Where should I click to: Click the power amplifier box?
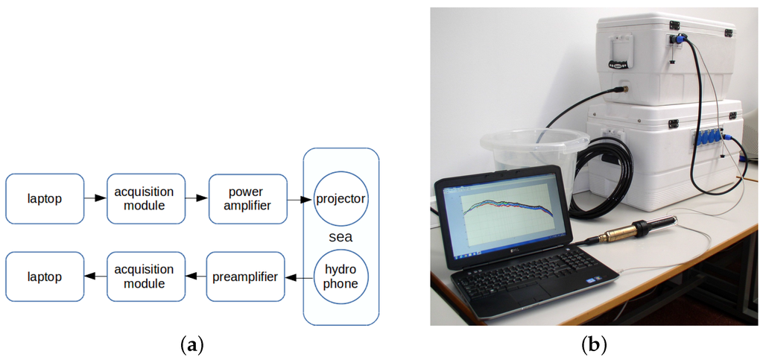click(247, 199)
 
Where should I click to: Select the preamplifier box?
click(246, 277)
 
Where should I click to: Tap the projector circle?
click(341, 200)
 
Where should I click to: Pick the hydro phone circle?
click(341, 277)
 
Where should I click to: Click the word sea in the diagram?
click(341, 238)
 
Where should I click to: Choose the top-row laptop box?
click(45, 199)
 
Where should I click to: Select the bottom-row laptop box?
click(45, 277)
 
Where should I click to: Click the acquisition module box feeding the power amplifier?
click(145, 199)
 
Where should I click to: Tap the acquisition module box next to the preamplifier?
click(145, 277)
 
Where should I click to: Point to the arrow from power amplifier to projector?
click(300, 200)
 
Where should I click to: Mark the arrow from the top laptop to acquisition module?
click(95, 199)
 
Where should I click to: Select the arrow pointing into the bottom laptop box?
click(95, 277)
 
